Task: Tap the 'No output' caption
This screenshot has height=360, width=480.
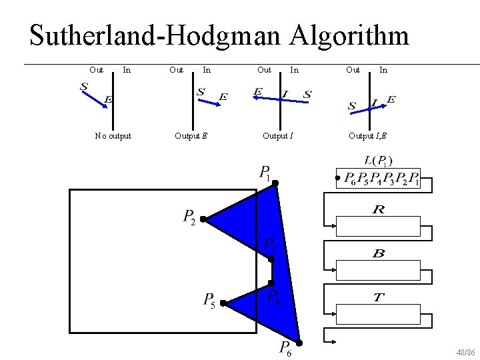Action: [x=113, y=136]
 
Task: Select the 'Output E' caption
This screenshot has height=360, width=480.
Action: [x=191, y=136]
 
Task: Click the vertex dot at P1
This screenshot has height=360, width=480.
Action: [x=275, y=182]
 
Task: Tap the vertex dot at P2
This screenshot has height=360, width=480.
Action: [x=203, y=219]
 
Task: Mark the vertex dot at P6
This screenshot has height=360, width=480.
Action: [x=300, y=343]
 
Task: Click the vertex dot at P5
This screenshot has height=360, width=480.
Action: [x=223, y=303]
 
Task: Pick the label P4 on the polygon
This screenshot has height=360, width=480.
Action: [x=274, y=297]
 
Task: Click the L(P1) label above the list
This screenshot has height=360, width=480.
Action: [x=378, y=160]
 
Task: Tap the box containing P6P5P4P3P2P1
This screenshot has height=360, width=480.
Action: [x=378, y=179]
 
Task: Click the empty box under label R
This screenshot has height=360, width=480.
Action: [x=378, y=227]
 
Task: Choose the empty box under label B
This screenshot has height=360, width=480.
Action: [x=378, y=270]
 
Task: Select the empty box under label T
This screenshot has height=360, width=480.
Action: [x=378, y=313]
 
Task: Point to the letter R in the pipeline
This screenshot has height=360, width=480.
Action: [x=378, y=211]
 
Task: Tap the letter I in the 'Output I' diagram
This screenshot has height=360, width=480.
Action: [x=285, y=94]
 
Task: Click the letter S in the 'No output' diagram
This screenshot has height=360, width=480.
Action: [x=84, y=86]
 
